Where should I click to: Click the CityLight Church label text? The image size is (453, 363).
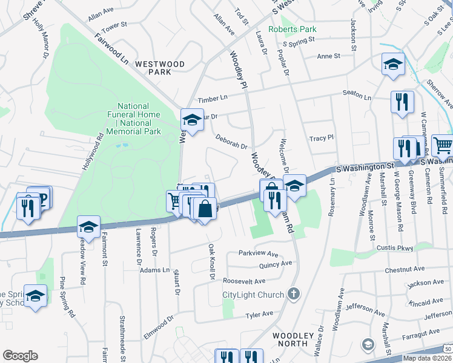(x=253, y=295)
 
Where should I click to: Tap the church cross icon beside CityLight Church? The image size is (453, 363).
(x=293, y=295)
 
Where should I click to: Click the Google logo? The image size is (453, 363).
(x=20, y=356)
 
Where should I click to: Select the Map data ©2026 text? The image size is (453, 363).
(x=426, y=358)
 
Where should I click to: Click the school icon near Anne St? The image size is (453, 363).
(x=393, y=65)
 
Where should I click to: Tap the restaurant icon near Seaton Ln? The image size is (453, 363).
(x=402, y=102)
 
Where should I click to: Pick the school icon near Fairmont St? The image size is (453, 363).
(x=89, y=227)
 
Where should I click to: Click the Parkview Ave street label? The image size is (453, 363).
(x=257, y=254)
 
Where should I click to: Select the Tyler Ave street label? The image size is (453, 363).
(x=260, y=315)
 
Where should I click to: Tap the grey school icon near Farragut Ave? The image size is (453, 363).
(x=368, y=344)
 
